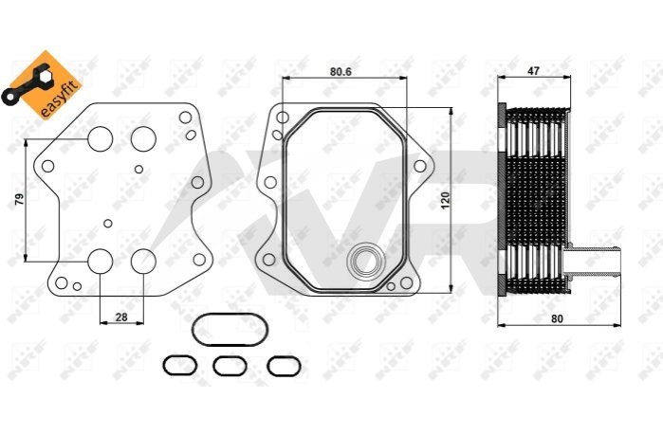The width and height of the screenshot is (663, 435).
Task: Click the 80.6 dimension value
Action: (x=341, y=71)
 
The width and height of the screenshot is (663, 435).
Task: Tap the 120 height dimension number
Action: (x=445, y=200)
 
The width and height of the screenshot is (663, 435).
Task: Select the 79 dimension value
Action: (x=20, y=199)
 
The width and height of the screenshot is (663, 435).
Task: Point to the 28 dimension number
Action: (x=121, y=317)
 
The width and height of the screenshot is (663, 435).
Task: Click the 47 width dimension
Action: (x=534, y=71)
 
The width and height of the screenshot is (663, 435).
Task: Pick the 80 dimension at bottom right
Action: (x=558, y=318)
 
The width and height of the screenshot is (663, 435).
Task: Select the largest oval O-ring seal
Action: (x=230, y=330)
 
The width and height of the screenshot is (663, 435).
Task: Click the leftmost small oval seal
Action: (x=180, y=365)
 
